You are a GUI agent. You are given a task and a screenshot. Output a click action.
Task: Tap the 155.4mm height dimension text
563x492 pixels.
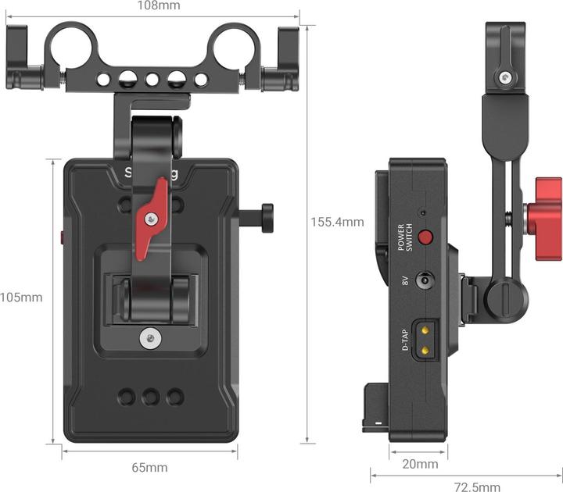pos(338,222)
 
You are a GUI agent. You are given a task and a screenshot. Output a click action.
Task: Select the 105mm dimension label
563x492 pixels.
pos(21,298)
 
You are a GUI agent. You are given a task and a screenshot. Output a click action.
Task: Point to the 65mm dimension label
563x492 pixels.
pos(149,468)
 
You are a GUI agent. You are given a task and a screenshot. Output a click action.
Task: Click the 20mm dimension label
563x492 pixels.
pos(420,465)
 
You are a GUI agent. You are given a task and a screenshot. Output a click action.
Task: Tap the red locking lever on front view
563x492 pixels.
pos(151,219)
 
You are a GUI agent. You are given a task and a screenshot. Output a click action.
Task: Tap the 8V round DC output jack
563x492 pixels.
pos(425,281)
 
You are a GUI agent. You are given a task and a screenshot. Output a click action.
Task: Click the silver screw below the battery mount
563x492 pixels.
pos(151,337)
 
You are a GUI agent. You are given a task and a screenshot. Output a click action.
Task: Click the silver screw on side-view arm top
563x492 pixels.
pos(507,77)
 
